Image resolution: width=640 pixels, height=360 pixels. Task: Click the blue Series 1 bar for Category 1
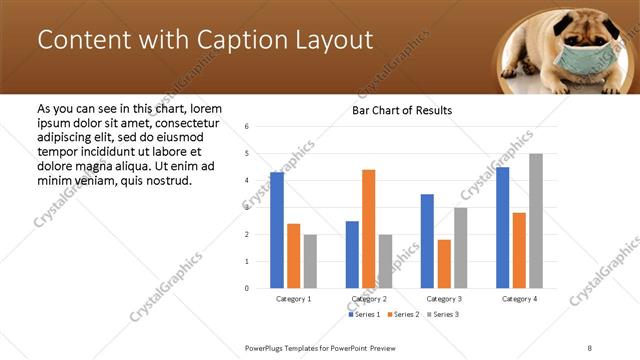point(277,230)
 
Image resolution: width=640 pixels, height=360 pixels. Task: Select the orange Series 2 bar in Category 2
point(368,229)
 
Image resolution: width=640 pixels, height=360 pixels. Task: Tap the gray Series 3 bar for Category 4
point(536,221)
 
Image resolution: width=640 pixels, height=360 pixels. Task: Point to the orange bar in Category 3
point(444,264)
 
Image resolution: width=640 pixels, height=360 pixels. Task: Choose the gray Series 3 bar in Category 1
point(310,261)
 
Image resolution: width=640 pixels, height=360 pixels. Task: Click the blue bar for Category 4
point(502,228)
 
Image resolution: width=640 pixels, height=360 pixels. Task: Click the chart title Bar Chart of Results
point(402,110)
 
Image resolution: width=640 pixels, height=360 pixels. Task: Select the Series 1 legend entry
point(363,315)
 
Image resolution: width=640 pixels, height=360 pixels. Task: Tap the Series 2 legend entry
point(402,315)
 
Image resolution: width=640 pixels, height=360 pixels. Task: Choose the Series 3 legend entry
point(441,315)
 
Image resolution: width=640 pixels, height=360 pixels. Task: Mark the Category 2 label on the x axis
point(368,299)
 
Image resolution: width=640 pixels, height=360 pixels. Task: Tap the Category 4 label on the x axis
point(519,299)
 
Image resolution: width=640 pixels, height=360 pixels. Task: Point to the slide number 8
point(589,347)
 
